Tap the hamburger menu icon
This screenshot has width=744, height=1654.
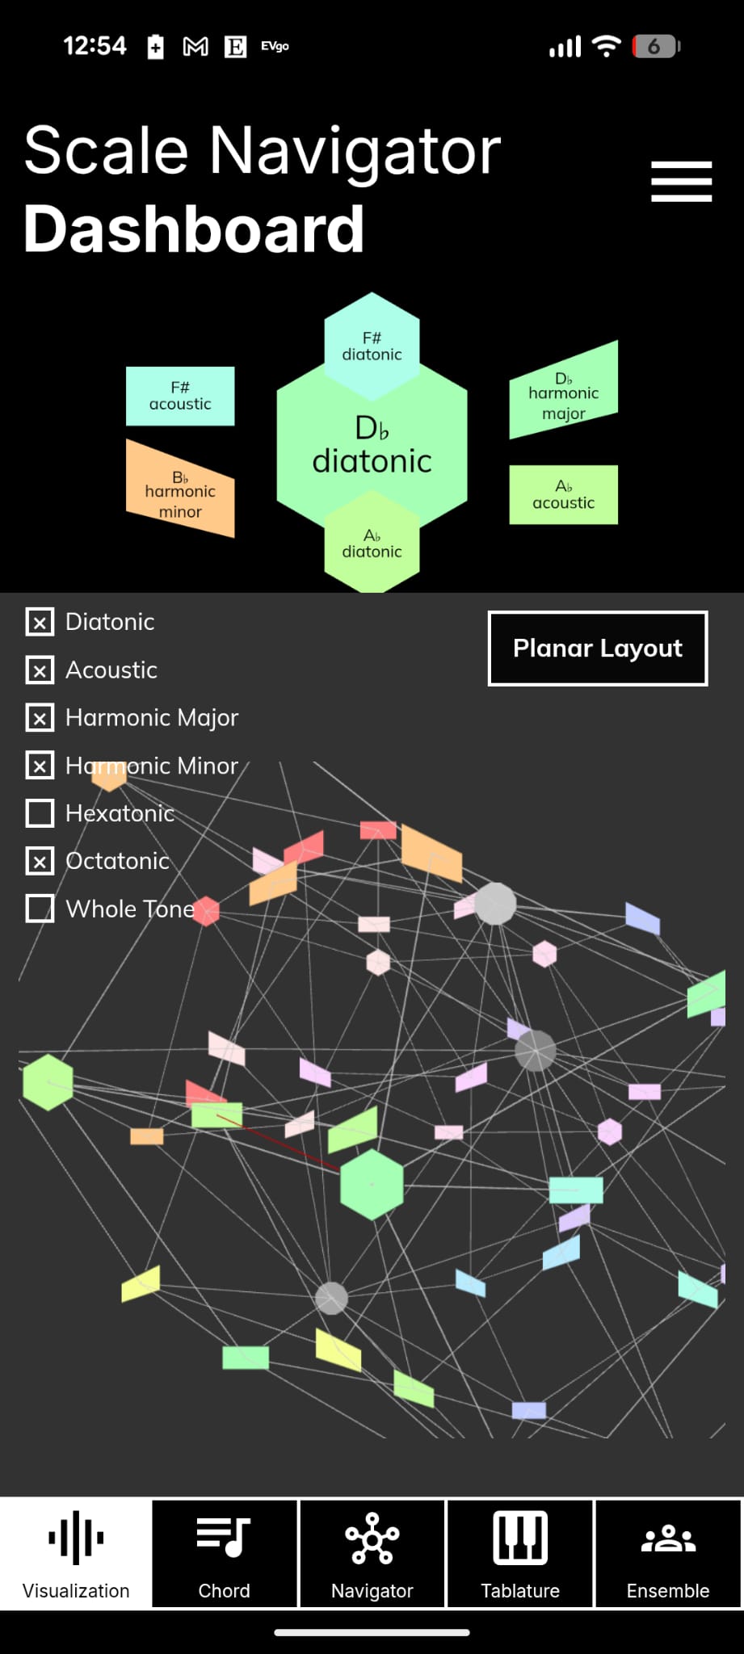pyautogui.click(x=681, y=181)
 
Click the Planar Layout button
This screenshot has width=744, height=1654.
pyautogui.click(x=598, y=649)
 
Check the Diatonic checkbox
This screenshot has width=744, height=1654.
pyautogui.click(x=40, y=622)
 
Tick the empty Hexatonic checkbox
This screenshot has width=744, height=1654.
pyautogui.click(x=40, y=813)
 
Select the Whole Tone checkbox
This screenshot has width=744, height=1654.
pyautogui.click(x=40, y=909)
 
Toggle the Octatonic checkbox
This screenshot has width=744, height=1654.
pyautogui.click(x=40, y=861)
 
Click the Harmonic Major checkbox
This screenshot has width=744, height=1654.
pyautogui.click(x=40, y=718)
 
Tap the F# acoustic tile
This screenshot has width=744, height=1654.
pyautogui.click(x=180, y=396)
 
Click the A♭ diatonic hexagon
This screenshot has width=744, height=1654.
pyautogui.click(x=372, y=546)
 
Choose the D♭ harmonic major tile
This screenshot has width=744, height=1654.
pyautogui.click(x=563, y=393)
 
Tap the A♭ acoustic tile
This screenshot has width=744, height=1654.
pyautogui.click(x=563, y=494)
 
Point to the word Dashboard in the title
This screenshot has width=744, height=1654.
pyautogui.click(x=194, y=229)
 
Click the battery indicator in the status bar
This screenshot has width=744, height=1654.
pyautogui.click(x=657, y=47)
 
